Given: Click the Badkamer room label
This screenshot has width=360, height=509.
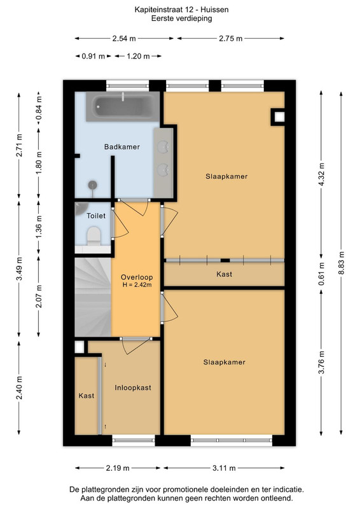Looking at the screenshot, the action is point(122,147).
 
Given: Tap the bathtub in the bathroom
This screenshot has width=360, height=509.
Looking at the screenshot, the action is point(123,106).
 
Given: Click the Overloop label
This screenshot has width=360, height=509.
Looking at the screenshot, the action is point(137,277).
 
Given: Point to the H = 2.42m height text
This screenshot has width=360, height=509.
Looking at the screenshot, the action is point(137,285).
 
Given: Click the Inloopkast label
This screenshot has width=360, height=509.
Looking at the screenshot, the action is point(133,387).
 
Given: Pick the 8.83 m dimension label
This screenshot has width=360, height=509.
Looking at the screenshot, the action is point(341,263).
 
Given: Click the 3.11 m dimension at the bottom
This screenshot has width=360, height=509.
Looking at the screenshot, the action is point(224,468).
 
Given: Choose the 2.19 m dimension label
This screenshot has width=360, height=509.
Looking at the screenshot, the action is point(118,468).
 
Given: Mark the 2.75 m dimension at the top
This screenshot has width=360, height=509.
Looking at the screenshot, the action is point(230,39).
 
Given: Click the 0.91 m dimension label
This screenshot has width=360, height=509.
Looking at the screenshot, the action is point(93,56).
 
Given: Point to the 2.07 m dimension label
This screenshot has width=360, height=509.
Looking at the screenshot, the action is point(39,296).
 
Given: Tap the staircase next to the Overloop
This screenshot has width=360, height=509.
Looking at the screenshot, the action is point(93,296).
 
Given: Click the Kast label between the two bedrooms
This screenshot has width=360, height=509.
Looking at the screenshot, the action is point(225,274).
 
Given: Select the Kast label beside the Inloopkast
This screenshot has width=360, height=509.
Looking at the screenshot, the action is point(87,396).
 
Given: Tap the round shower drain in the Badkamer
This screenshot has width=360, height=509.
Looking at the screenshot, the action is point(93,185).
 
